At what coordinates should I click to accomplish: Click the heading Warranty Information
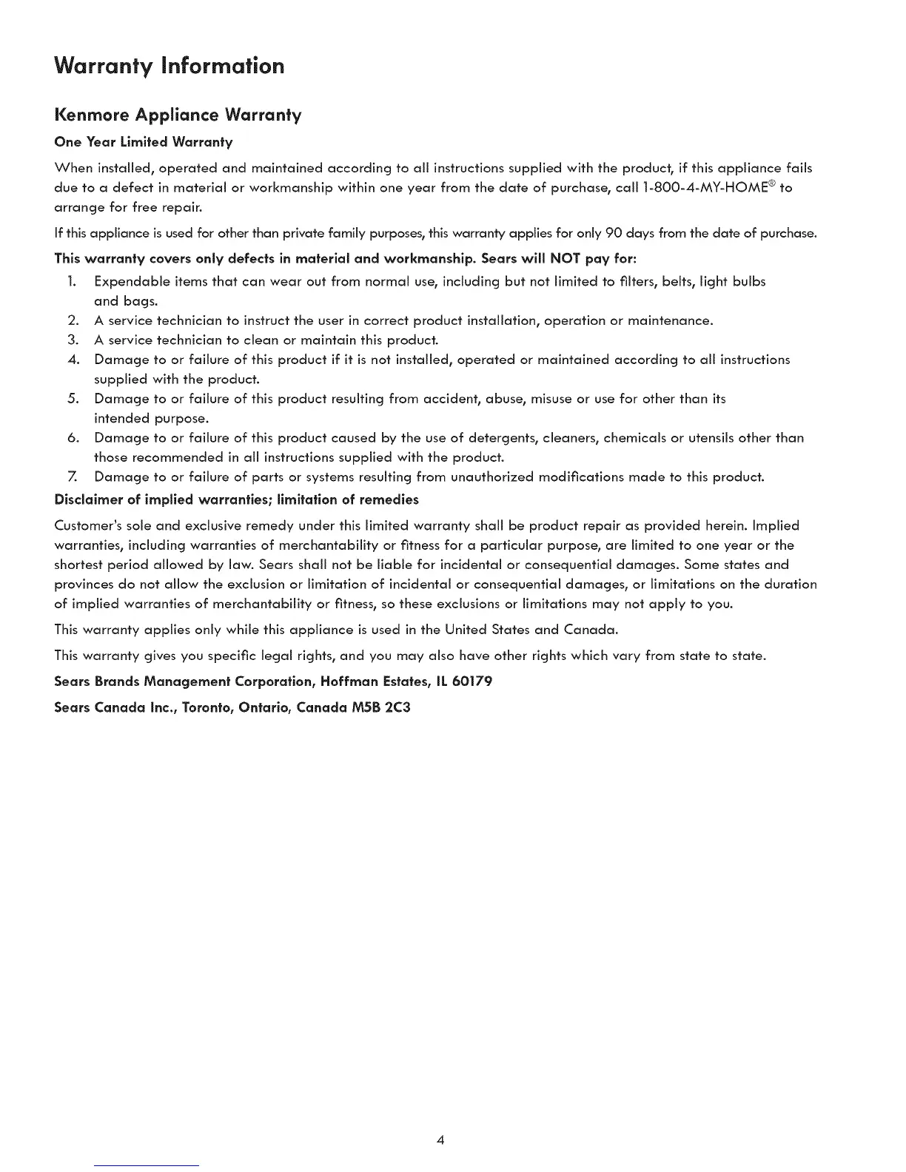click(170, 67)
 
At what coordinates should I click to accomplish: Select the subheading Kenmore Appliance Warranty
click(178, 115)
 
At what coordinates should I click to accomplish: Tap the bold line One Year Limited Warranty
click(144, 141)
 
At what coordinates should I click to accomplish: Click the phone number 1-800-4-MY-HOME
click(715, 188)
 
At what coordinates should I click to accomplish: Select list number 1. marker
click(71, 282)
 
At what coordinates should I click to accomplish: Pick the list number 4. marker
click(72, 360)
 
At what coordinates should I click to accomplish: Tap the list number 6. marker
click(72, 438)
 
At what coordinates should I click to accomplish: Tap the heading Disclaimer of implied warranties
click(237, 499)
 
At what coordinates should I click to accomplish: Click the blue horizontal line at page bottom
click(147, 1165)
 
